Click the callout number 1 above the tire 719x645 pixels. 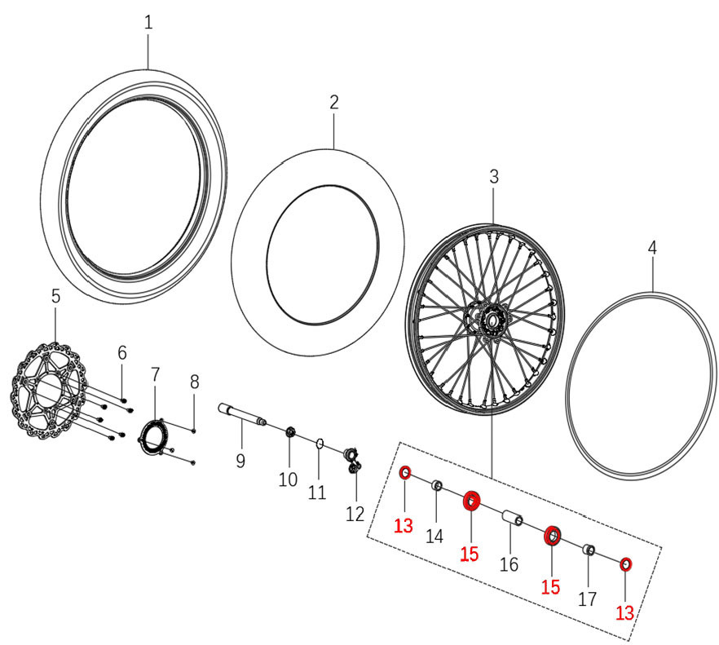pyautogui.click(x=148, y=23)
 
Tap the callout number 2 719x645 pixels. pyautogui.click(x=334, y=102)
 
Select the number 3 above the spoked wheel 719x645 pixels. pyautogui.click(x=494, y=176)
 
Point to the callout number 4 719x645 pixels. pyautogui.click(x=652, y=247)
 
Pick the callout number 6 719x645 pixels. pyautogui.click(x=122, y=352)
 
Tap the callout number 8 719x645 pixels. pyautogui.click(x=194, y=381)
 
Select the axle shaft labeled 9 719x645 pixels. pyautogui.click(x=242, y=417)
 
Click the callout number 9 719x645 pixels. pyautogui.click(x=240, y=461)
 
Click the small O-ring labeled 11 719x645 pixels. pyautogui.click(x=320, y=444)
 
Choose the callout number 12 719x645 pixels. pyautogui.click(x=355, y=515)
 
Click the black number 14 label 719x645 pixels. pyautogui.click(x=434, y=536)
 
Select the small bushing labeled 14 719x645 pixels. pyautogui.click(x=437, y=487)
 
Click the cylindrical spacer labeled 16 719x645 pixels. pyautogui.click(x=511, y=519)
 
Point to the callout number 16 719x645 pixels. pyautogui.click(x=509, y=564)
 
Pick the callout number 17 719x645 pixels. pyautogui.click(x=587, y=599)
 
